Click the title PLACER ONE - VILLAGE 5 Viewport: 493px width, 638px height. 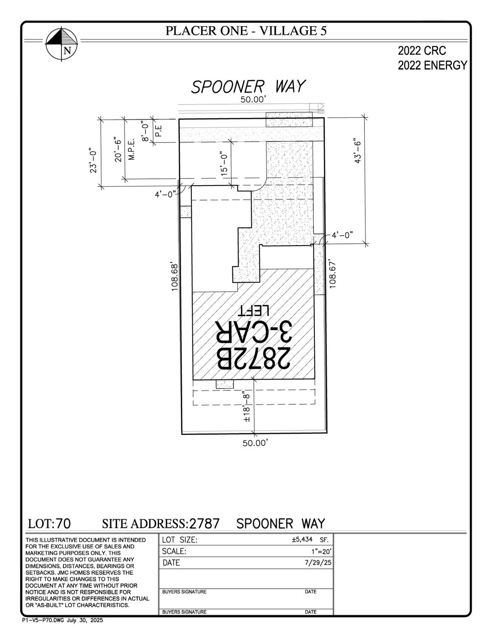pos(246,31)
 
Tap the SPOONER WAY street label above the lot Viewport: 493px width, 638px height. pos(248,86)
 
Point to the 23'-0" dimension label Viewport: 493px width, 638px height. pos(93,160)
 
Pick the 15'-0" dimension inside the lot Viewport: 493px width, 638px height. pos(224,163)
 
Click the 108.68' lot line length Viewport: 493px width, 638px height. pos(174,277)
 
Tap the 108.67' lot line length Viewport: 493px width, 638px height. pos(333,275)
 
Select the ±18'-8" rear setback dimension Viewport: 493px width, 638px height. pos(246,407)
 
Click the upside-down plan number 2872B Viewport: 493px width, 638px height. pos(254,358)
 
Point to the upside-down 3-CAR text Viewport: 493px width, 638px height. pos(254,332)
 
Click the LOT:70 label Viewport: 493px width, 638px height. pos(49,523)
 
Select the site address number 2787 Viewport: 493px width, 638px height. pos(205,523)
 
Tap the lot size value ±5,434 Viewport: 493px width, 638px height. pos(302,540)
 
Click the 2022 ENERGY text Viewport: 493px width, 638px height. pos(432,66)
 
